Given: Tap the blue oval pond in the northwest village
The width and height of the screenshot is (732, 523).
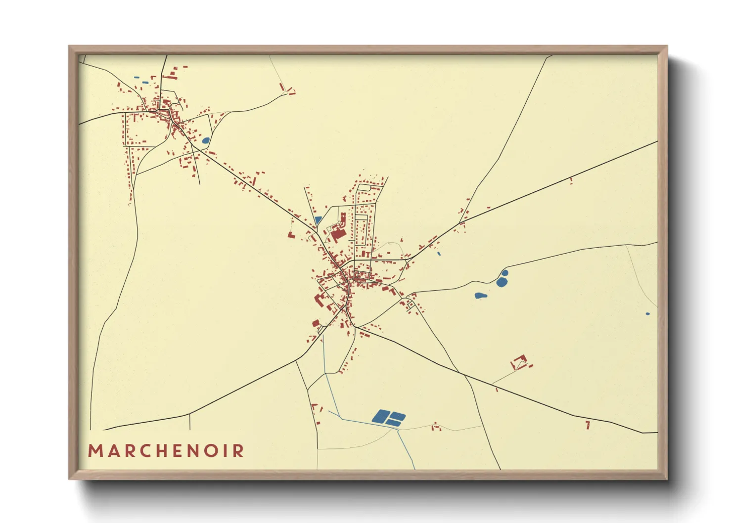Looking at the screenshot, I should (205, 140).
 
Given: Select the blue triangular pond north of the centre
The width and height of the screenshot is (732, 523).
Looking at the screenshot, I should (318, 219).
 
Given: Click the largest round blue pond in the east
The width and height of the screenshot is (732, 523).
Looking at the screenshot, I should (502, 282).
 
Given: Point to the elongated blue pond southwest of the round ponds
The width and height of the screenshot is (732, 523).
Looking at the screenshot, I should (480, 296).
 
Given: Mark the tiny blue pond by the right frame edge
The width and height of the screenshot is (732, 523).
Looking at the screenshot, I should (647, 313).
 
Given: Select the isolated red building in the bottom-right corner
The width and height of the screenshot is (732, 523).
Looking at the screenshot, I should (588, 425).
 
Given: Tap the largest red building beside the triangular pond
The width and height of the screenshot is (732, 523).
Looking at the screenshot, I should (338, 233).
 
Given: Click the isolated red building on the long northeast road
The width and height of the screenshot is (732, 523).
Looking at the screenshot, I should (571, 180).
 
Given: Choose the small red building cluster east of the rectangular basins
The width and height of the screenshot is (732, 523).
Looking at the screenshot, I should (436, 427).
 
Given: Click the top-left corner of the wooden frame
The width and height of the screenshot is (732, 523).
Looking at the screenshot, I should (69, 46).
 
